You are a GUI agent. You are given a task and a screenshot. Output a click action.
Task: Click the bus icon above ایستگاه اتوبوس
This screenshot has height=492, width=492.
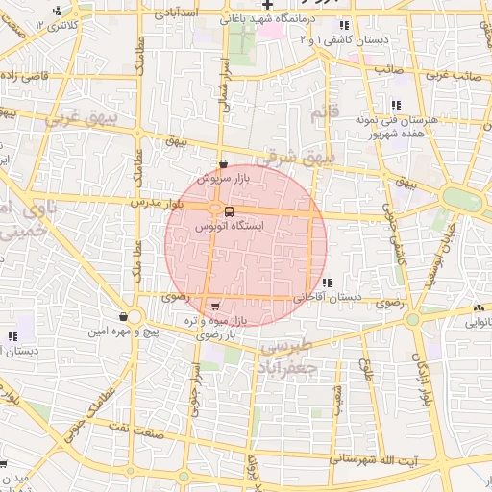point(229,212)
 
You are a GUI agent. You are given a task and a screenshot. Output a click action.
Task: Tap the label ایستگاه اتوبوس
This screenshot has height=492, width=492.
point(229,227)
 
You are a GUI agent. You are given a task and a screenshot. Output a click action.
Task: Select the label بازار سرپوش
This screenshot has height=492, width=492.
point(224,179)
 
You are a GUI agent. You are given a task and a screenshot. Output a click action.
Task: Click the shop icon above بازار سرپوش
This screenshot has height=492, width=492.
point(224,164)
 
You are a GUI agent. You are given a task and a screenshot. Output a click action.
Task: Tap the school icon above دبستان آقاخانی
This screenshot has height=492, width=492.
point(329,283)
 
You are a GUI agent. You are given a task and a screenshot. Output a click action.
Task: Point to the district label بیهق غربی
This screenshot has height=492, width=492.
point(80,119)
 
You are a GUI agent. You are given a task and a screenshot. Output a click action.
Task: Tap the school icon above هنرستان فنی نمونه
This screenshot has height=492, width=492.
point(395,106)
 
